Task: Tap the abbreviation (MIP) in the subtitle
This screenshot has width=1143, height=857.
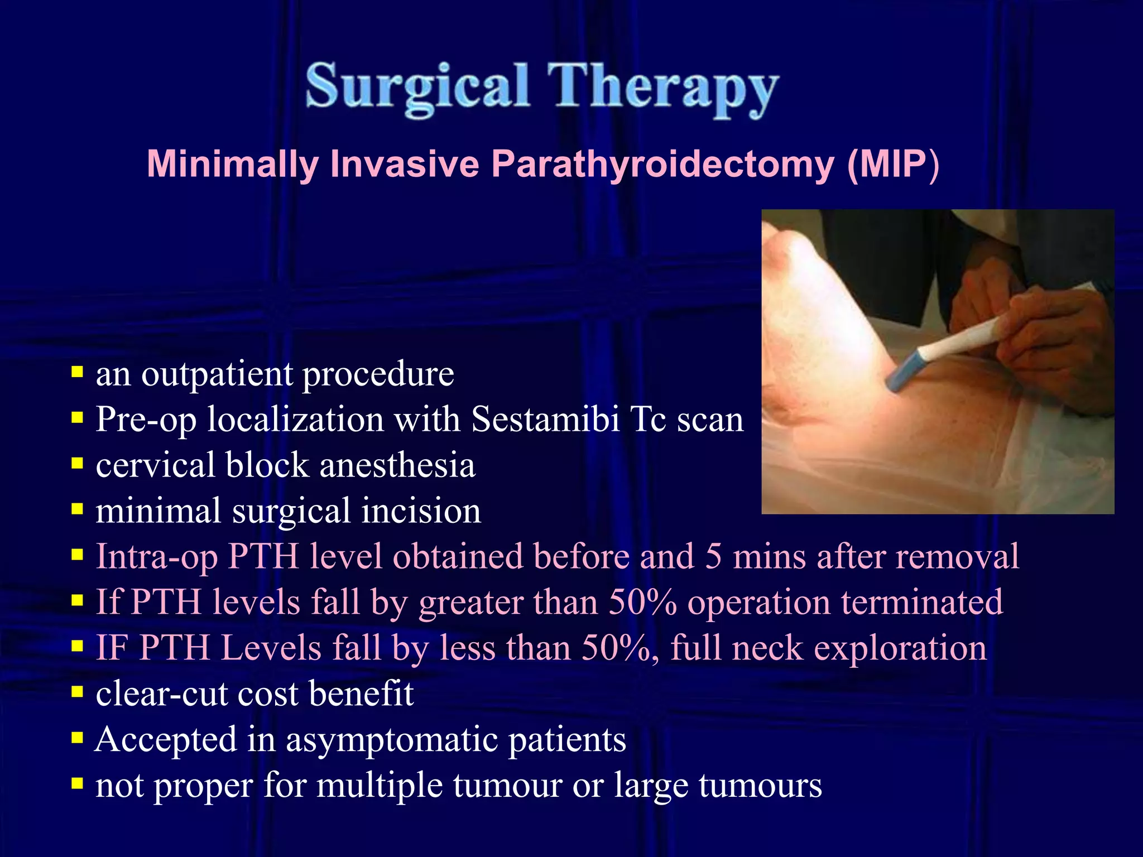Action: (893, 164)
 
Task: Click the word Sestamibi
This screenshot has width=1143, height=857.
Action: (545, 419)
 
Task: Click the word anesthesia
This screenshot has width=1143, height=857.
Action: (397, 465)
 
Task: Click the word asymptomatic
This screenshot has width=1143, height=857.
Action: (391, 740)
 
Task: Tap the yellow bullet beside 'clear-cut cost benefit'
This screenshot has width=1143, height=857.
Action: (77, 692)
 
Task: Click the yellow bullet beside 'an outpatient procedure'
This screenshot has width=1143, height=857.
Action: (77, 372)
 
